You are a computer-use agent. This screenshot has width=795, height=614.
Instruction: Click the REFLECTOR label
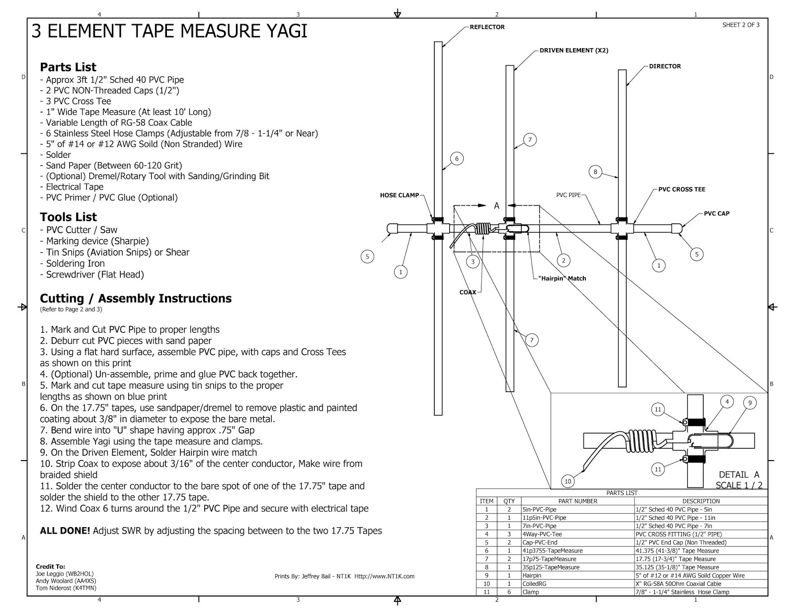tap(487, 27)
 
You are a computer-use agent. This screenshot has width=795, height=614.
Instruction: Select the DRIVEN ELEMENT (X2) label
tap(574, 50)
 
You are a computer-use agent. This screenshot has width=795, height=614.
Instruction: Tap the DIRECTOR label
tap(665, 66)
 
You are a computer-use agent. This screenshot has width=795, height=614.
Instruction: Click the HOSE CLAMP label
tap(399, 196)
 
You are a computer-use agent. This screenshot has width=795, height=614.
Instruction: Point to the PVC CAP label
tap(716, 213)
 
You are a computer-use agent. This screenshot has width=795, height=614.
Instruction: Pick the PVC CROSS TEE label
tap(682, 189)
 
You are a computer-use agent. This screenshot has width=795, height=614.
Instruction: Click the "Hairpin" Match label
tap(562, 278)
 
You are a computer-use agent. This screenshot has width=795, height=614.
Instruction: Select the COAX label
tap(468, 292)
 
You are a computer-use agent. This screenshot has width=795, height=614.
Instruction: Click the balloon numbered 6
tap(457, 159)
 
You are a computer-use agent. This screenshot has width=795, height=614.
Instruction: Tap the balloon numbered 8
tap(595, 172)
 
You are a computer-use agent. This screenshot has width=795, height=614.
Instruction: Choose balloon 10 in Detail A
tap(568, 481)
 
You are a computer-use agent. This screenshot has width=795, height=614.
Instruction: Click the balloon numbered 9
tap(750, 403)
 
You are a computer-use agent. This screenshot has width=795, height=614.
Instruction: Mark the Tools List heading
tap(69, 217)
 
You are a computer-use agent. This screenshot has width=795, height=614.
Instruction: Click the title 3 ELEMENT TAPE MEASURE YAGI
tap(169, 31)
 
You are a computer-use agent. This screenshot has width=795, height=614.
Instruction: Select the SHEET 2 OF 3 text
tap(741, 25)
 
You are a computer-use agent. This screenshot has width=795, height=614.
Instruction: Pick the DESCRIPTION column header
tap(701, 501)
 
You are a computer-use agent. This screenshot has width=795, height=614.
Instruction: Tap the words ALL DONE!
tap(65, 531)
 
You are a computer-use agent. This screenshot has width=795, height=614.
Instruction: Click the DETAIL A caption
tap(739, 475)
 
